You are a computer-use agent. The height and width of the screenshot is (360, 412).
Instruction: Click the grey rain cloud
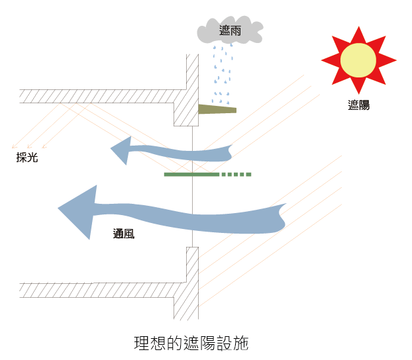coord(230,30)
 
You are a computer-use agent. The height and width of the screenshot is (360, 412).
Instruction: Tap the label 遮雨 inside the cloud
coord(230,30)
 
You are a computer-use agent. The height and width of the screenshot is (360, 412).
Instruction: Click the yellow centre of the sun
coord(358,60)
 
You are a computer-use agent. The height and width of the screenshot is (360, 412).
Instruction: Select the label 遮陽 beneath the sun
coord(358,105)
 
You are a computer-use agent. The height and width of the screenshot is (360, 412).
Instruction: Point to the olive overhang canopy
coord(217,109)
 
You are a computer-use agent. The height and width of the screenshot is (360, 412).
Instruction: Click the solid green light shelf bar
coord(191,174)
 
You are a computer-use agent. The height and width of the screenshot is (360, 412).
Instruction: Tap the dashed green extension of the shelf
coord(236,174)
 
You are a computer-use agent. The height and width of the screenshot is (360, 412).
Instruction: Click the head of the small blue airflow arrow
coord(121,150)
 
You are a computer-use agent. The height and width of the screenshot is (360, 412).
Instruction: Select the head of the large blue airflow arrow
coord(77,212)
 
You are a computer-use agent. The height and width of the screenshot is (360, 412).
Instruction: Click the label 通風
coord(124,234)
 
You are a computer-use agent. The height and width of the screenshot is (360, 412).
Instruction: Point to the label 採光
coord(27,157)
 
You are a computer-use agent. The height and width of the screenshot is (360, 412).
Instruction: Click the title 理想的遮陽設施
coord(191,343)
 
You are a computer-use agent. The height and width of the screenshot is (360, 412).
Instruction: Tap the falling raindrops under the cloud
coord(223,74)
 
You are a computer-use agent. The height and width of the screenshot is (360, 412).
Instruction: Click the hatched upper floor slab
coord(103,96)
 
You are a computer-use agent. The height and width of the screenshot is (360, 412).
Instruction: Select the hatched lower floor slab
coord(103,290)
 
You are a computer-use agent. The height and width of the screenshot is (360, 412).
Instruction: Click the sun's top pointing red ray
coord(358,34)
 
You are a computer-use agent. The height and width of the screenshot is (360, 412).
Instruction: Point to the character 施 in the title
coord(240,343)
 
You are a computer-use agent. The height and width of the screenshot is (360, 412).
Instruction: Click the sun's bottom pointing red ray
coord(358,85)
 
